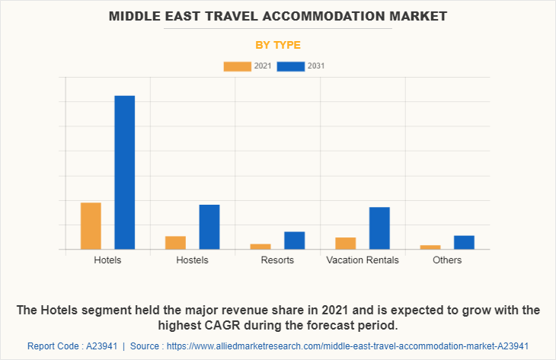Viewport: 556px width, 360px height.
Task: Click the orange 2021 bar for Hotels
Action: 91,225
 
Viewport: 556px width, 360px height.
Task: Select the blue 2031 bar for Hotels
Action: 125,172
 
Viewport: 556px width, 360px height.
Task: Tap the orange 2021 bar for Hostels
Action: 175,242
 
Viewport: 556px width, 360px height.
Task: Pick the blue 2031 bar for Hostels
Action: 209,227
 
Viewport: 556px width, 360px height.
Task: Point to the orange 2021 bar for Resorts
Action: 260,246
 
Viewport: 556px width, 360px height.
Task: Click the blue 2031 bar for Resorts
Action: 295,240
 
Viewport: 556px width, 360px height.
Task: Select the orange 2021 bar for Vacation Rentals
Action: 345,243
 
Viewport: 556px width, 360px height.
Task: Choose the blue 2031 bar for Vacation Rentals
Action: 379,228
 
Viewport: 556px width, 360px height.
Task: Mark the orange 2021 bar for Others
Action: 430,247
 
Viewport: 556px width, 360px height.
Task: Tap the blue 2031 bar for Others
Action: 464,242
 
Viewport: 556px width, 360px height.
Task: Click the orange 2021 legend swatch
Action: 237,66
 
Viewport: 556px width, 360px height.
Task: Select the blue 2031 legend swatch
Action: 290,66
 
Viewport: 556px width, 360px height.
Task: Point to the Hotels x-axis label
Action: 107,260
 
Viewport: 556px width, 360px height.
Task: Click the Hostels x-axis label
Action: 192,260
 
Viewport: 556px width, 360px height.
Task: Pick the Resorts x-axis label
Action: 277,260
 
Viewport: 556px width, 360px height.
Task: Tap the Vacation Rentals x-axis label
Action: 363,260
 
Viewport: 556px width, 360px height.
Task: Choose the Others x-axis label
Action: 447,260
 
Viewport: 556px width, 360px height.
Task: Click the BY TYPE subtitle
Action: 278,45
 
